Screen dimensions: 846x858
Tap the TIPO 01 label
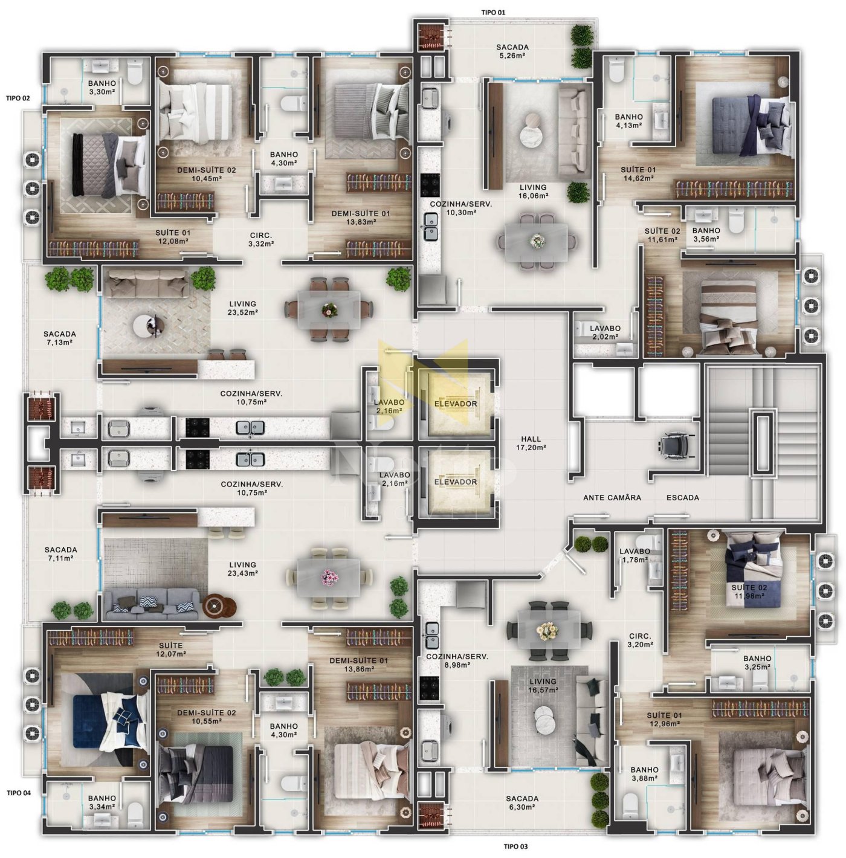coord(493,13)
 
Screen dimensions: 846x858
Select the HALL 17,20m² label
coord(531,443)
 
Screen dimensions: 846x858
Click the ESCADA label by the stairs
coord(682,497)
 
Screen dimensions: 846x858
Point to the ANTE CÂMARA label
coord(612,497)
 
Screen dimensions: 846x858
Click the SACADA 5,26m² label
coord(512,51)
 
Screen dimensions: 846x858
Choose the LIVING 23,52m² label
coord(243,308)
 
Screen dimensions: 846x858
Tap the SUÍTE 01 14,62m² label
coord(638,174)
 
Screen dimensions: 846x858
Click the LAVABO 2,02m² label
coord(605,332)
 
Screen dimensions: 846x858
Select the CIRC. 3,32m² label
coord(261,239)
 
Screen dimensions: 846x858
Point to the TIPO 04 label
coord(19,793)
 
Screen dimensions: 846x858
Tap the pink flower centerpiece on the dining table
coord(329,578)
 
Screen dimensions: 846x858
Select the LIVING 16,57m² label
coord(543,686)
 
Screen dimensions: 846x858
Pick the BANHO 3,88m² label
coord(645,774)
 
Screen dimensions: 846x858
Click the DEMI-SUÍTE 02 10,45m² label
coord(206,174)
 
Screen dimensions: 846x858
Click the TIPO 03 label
coord(515,847)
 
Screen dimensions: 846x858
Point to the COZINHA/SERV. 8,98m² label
coord(457,661)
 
